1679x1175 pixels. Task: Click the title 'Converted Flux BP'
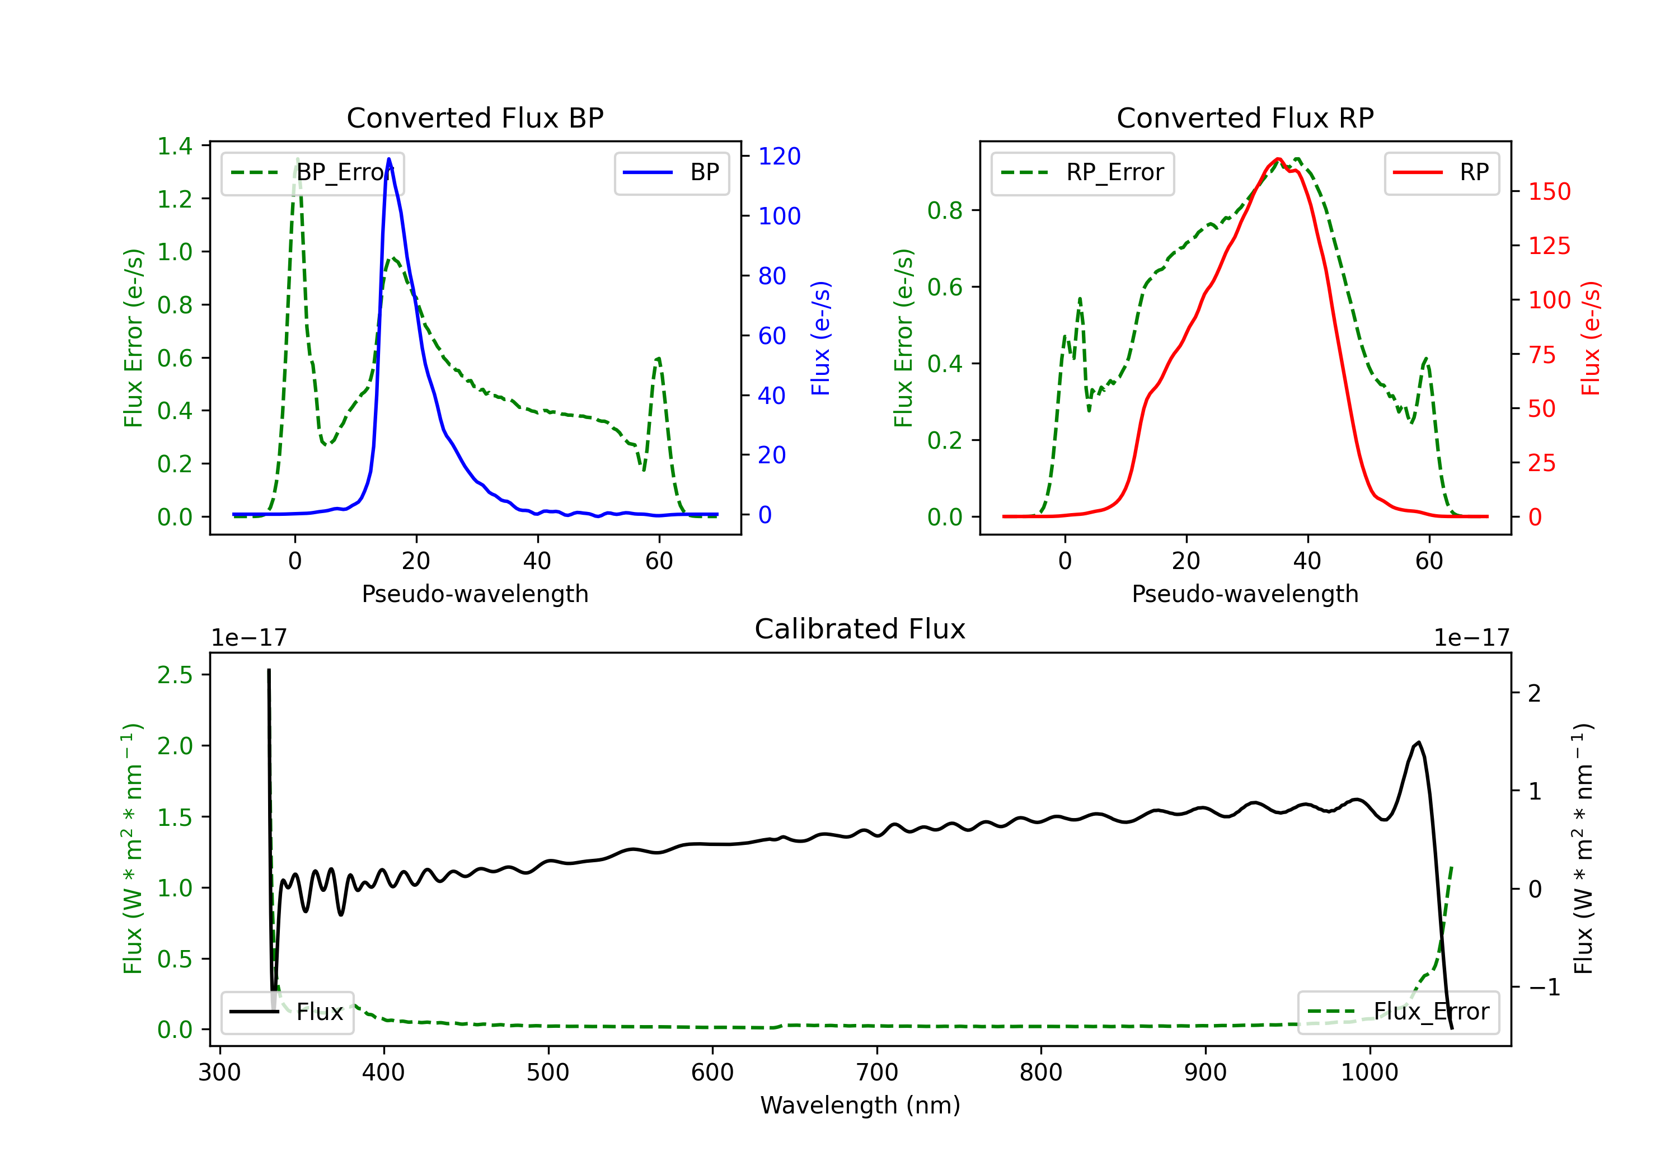(475, 117)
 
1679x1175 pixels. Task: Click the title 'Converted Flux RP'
(1245, 117)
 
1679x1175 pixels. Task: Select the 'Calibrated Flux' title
(860, 629)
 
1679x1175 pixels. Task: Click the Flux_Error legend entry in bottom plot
(1398, 1012)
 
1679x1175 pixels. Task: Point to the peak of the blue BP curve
(389, 159)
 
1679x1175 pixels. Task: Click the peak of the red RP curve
(1278, 159)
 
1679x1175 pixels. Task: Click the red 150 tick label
(1550, 191)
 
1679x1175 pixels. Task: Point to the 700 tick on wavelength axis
(877, 1072)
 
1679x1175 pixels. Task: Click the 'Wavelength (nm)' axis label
(860, 1105)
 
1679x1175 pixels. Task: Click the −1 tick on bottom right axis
(1544, 987)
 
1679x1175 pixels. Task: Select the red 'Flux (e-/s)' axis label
(1591, 338)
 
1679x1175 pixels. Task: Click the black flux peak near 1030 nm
(1419, 743)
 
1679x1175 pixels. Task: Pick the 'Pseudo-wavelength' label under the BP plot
(475, 594)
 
